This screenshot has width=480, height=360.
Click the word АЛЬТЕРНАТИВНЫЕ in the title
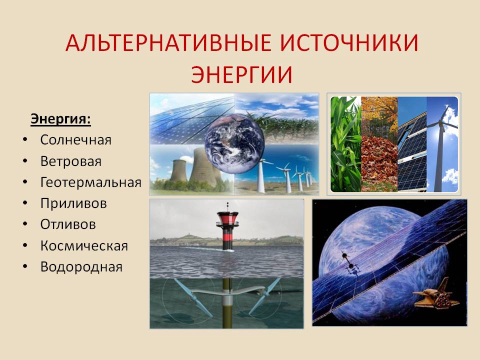click(x=168, y=42)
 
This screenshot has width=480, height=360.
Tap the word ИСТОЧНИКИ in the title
click(x=349, y=42)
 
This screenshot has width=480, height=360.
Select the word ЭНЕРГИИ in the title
click(x=242, y=74)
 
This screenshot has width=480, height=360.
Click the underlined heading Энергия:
click(x=60, y=119)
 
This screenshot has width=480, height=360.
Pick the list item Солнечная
click(x=76, y=140)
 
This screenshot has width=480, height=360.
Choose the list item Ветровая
click(x=70, y=161)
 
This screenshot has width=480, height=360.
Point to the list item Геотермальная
click(x=91, y=182)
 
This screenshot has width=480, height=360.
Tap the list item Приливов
click(x=73, y=203)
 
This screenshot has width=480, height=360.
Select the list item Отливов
click(x=68, y=224)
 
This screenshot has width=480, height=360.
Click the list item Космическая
click(x=84, y=246)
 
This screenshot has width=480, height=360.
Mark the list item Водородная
click(x=81, y=267)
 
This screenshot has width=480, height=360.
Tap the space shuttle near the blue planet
click(x=436, y=297)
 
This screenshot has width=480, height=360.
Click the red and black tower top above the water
click(x=227, y=221)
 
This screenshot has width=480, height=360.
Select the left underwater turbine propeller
click(x=194, y=297)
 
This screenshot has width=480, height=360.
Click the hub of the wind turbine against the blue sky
click(x=439, y=123)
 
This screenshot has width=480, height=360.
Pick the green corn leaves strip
click(x=346, y=144)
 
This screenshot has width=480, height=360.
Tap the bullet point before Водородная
click(x=25, y=266)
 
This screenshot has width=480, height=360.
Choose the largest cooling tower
click(x=202, y=167)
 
